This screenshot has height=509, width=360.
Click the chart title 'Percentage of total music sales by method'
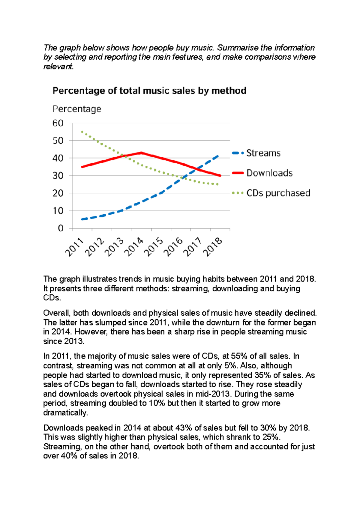coord(149,91)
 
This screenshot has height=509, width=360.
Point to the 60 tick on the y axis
coord(58,123)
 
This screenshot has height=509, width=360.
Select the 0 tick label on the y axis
coord(61,228)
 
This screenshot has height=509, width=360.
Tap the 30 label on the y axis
coord(58,176)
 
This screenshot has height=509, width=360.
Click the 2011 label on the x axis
coord(74,247)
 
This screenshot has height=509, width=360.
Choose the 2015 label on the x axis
coord(154,247)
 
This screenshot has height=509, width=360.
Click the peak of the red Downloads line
coord(141,153)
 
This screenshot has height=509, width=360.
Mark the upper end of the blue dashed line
coord(218,156)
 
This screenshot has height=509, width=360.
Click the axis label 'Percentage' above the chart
coord(77,109)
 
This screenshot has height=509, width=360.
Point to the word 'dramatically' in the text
coord(65,413)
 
